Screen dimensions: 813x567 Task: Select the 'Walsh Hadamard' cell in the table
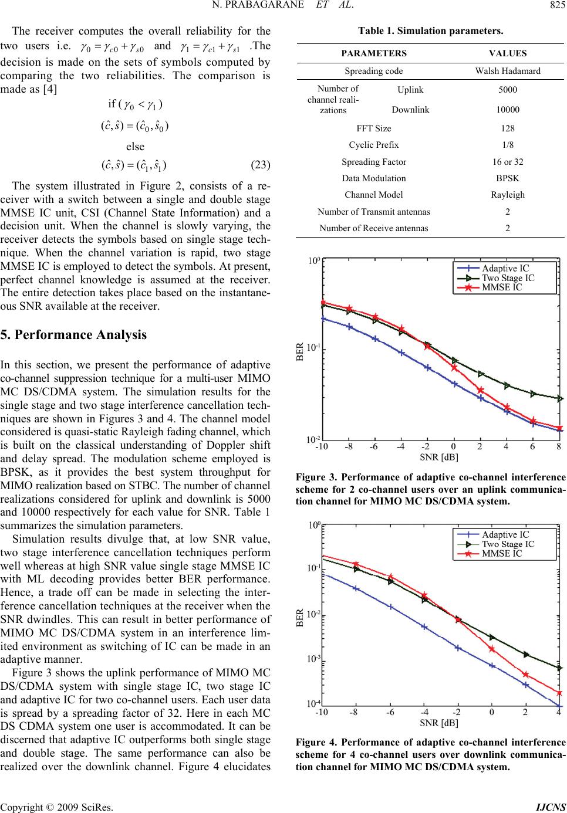[507, 72]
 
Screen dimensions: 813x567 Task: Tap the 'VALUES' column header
[507, 53]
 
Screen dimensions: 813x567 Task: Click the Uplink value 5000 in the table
[507, 90]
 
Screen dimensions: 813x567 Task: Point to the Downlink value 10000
[507, 109]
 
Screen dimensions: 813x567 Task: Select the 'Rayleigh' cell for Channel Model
[508, 195]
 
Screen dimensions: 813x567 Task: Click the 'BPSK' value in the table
[507, 178]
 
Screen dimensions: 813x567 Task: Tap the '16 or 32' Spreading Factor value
[507, 161]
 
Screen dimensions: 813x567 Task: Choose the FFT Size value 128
[507, 128]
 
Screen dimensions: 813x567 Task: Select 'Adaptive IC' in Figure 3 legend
[505, 269]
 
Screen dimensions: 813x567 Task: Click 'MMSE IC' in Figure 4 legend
[501, 553]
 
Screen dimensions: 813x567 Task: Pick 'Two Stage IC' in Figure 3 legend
[508, 278]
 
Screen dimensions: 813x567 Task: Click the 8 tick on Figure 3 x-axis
[559, 446]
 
